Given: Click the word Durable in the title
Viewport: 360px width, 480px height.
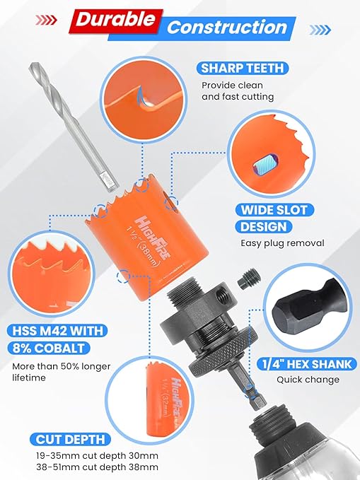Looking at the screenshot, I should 116,22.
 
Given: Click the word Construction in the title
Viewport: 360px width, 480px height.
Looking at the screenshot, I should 228,28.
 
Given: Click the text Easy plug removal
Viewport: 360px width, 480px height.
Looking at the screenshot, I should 281,243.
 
